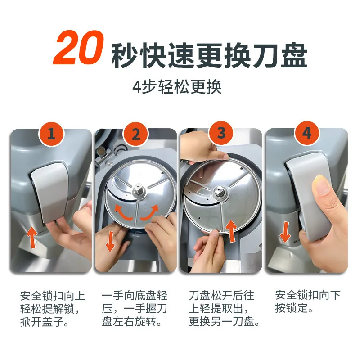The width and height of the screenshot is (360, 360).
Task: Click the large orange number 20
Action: [78, 48]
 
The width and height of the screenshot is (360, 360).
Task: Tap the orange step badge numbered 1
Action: [51, 134]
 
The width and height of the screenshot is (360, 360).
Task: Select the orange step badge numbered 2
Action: [136, 134]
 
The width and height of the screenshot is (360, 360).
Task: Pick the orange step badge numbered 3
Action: [221, 133]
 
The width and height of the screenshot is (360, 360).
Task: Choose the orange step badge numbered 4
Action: [307, 133]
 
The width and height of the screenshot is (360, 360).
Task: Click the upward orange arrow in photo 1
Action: [31, 237]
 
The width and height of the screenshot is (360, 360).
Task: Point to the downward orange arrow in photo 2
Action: [110, 241]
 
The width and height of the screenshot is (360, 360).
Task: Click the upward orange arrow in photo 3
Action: [231, 231]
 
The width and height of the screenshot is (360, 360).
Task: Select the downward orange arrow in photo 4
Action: [285, 232]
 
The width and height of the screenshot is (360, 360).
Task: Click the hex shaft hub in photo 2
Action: [139, 190]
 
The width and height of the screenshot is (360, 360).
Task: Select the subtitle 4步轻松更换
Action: [177, 87]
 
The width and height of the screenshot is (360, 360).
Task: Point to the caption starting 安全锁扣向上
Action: [53, 308]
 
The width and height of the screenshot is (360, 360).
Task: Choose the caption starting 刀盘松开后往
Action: [224, 308]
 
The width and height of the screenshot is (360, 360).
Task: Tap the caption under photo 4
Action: [308, 301]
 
